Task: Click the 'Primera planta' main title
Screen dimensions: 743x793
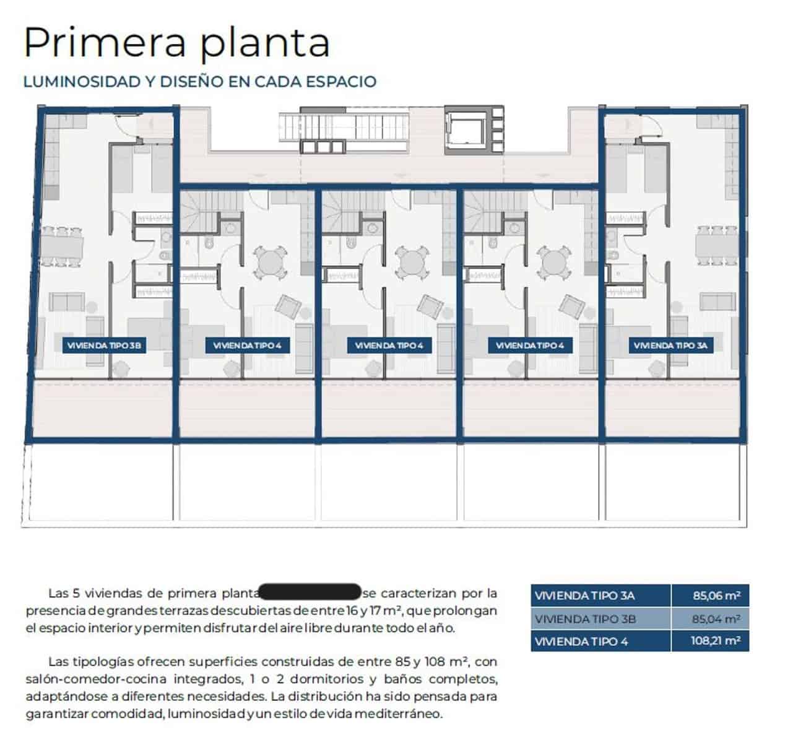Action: pos(176,42)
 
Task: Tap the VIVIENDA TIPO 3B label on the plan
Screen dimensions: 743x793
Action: pos(105,345)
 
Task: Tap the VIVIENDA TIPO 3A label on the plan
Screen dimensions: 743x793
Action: pos(670,345)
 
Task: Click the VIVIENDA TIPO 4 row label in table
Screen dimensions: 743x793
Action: pos(581,641)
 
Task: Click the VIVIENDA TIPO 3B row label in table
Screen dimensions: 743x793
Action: pos(585,619)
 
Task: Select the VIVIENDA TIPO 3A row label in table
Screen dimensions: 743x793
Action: pos(585,596)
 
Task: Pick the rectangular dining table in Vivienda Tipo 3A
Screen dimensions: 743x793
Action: pos(717,246)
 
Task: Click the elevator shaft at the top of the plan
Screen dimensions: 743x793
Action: pos(467,131)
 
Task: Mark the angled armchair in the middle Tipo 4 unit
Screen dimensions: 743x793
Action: pos(430,306)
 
